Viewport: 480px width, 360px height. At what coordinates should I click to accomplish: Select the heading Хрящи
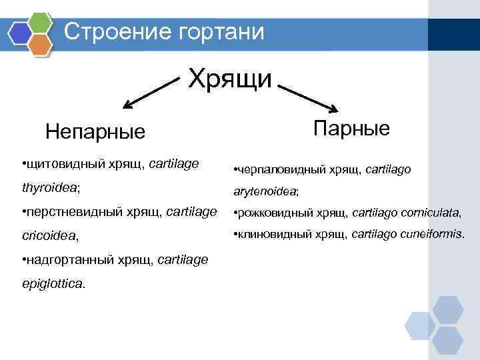coord(230,79)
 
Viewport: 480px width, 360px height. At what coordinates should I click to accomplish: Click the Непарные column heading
coord(95,131)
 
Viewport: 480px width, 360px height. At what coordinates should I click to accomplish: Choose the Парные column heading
coord(351,127)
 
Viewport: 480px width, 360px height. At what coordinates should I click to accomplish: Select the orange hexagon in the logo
coord(41,45)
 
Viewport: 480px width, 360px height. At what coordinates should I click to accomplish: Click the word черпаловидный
coord(275,170)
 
